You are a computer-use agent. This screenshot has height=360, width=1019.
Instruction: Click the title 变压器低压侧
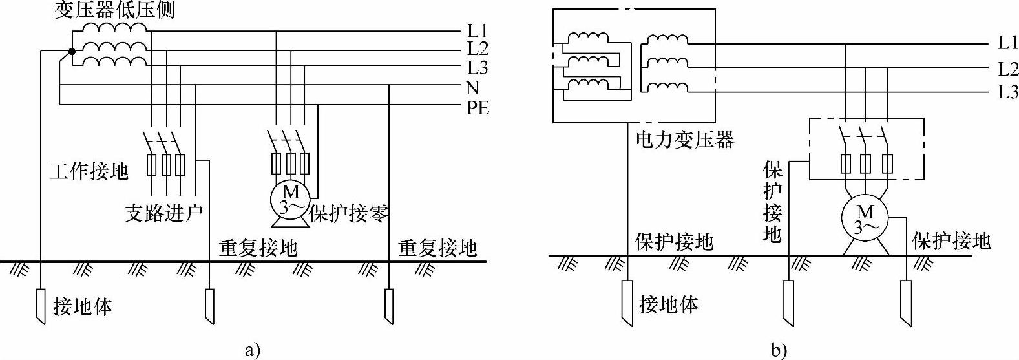(x=114, y=10)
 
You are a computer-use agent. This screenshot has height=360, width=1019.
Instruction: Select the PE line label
(x=478, y=109)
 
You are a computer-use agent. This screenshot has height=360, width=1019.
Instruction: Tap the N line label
(x=473, y=88)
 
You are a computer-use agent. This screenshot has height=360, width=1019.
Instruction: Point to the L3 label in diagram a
(x=478, y=68)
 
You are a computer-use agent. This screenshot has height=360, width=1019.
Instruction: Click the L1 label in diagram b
(x=1008, y=43)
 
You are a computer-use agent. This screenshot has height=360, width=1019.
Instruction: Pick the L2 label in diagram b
(x=1008, y=69)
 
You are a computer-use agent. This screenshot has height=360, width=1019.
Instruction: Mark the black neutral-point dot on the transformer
(x=72, y=51)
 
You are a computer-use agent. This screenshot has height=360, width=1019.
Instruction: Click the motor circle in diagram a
(x=290, y=199)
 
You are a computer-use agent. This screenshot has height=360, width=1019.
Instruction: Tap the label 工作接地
(x=89, y=171)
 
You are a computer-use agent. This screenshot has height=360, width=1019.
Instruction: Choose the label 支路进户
(x=163, y=213)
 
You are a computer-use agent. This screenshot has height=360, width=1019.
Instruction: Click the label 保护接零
(x=349, y=213)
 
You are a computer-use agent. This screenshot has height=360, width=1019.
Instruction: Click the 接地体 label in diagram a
(x=83, y=307)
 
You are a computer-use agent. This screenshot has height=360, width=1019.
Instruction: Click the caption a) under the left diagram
(x=252, y=351)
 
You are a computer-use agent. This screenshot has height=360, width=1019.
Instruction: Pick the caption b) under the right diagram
(x=779, y=350)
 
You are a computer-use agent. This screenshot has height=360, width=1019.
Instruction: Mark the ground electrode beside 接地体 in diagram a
(x=41, y=307)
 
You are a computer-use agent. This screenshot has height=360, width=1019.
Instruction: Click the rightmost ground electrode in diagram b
(x=907, y=303)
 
